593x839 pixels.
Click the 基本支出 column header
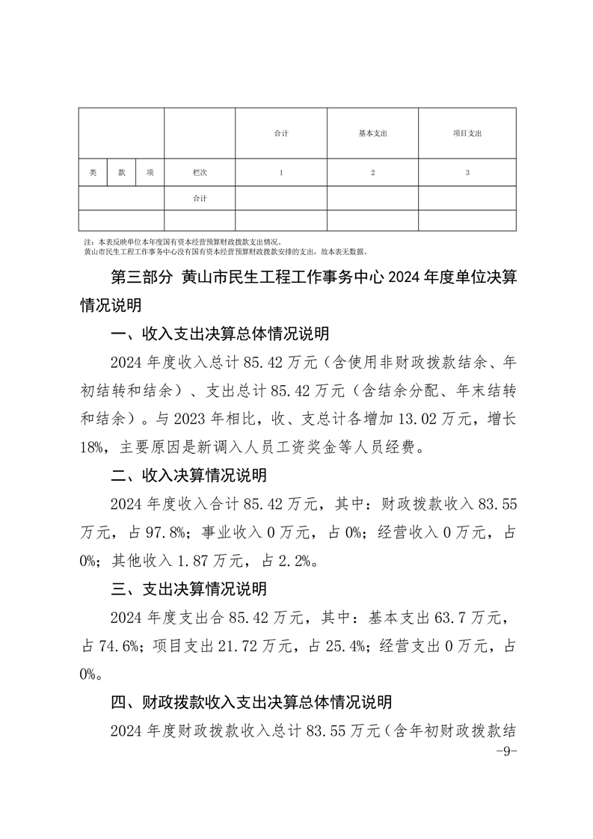[372, 133]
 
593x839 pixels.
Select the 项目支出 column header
[467, 133]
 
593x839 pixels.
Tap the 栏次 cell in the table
[200, 173]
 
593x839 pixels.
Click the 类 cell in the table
[93, 173]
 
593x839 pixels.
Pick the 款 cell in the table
[121, 173]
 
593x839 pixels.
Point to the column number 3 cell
[467, 173]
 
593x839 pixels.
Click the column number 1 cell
[281, 173]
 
